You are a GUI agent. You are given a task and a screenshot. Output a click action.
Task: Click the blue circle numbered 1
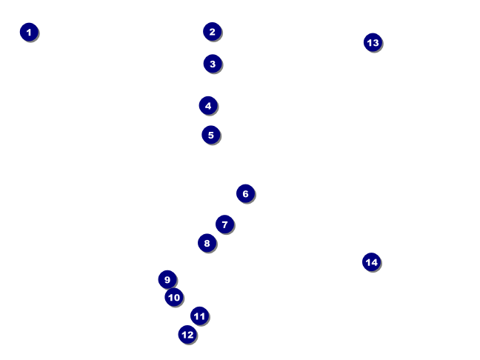coord(29,32)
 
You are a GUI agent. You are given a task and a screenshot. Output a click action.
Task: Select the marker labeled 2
coord(212,31)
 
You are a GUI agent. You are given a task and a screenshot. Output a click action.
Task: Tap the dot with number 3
coord(212,64)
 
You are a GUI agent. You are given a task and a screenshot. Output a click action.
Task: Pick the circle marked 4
coord(208,105)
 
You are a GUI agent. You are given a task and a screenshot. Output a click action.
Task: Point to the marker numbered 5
coord(211,135)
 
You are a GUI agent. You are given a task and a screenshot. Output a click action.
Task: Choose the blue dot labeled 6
coord(245,193)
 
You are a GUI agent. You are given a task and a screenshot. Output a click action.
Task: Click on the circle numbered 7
coord(224,224)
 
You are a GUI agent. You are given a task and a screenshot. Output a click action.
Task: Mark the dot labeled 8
coord(207,243)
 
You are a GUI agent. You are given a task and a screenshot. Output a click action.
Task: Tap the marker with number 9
coord(167,279)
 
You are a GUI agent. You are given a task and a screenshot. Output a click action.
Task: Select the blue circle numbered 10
coord(174,298)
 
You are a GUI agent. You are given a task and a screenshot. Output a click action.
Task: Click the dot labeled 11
coord(199,316)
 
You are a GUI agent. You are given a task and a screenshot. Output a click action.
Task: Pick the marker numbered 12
coord(187,335)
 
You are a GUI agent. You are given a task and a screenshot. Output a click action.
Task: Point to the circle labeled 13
coord(373,42)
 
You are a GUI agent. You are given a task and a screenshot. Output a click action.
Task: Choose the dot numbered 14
coord(371,261)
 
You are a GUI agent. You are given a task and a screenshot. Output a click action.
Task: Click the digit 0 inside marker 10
coord(177,298)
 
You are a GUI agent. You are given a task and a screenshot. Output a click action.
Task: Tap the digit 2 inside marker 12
coord(190,335)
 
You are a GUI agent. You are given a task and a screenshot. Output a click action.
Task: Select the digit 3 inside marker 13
coord(376,42)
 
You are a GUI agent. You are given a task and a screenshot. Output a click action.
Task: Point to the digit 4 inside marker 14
coord(375,261)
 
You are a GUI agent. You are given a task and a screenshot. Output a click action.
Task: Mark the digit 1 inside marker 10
coord(170,298)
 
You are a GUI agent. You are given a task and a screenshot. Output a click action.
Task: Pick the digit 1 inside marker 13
coord(369,42)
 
